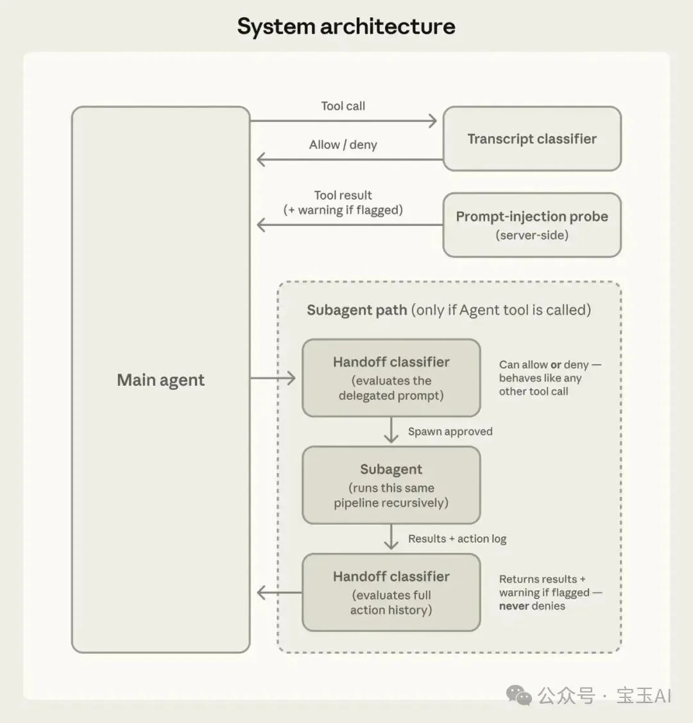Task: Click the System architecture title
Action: coord(346,26)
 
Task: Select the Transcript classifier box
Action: coord(532,139)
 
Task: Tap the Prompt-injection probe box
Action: coord(532,225)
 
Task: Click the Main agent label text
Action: coord(160,380)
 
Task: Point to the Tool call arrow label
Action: coord(343,106)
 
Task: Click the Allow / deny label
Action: coord(343,144)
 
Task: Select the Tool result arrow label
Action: coord(343,202)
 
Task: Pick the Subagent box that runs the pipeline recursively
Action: coord(391,485)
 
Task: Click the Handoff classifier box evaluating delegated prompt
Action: coord(391,378)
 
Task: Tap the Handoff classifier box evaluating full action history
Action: coord(391,593)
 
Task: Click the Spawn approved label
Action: coord(450,431)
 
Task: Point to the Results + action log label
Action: coord(457,539)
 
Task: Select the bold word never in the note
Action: coord(514,606)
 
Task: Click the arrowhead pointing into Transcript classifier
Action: coord(432,121)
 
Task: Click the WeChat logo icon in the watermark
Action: coord(519,695)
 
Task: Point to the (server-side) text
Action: coord(532,235)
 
